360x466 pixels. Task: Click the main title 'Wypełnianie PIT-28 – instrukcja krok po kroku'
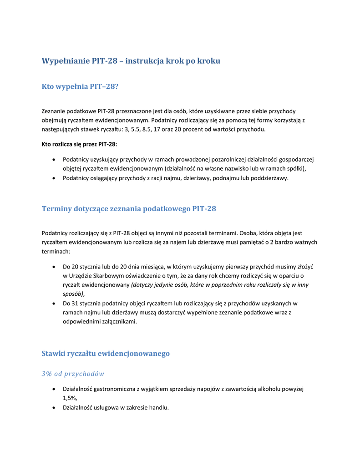click(131, 61)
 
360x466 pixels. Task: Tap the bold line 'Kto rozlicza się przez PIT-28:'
click(79, 144)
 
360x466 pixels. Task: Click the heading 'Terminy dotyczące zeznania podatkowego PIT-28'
click(129, 209)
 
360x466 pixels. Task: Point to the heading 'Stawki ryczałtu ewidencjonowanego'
click(106, 354)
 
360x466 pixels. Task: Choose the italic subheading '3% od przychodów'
click(73, 374)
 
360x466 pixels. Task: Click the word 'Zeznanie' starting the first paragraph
click(53, 111)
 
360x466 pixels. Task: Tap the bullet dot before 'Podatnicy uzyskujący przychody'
click(54, 160)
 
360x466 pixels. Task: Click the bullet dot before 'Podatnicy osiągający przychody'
click(54, 178)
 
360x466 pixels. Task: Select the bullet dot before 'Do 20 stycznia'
click(54, 266)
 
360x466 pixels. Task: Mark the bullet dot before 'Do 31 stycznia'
click(54, 303)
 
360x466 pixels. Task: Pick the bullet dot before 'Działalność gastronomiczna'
click(54, 389)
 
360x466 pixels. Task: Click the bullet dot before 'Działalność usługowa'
click(54, 408)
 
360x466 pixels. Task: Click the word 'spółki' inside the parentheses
click(296, 169)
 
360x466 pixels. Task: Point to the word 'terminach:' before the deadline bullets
click(56, 251)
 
